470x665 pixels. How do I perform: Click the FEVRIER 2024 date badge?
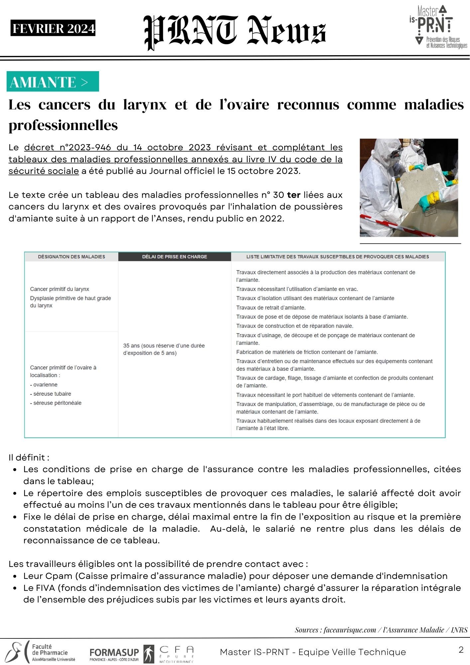pos(53,29)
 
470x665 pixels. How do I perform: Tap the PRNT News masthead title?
pos(235,32)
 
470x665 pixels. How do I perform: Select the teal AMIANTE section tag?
pos(53,81)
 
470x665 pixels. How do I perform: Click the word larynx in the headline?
pos(145,105)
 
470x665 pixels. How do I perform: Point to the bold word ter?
pos(294,195)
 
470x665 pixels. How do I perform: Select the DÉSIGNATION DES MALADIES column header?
pos(71,257)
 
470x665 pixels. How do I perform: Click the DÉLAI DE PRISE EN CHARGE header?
pos(175,257)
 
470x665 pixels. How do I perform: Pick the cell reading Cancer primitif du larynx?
pos(59,289)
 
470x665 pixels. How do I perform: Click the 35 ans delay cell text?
pos(164,349)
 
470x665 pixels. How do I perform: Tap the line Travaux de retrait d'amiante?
pos(271,308)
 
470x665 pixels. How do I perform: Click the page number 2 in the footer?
pos(461,650)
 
